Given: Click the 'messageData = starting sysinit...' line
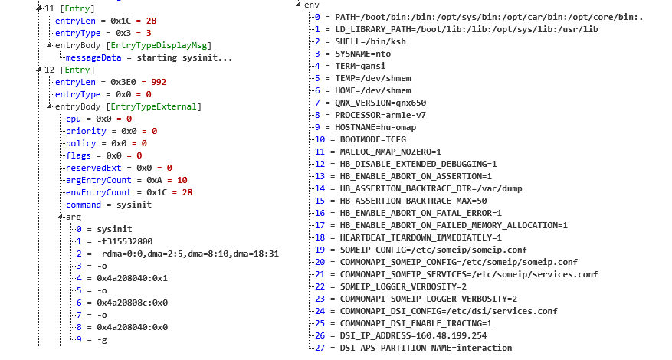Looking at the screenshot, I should click(x=149, y=57).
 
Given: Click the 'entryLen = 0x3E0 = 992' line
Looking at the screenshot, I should click(x=110, y=82).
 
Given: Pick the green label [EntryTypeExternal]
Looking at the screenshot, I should click(x=154, y=106).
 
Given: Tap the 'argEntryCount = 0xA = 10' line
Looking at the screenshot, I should click(x=126, y=180).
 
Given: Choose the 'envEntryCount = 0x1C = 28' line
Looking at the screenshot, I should click(x=129, y=192).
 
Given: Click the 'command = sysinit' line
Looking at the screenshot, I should click(x=108, y=205).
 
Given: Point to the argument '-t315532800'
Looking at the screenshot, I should click(x=123, y=241).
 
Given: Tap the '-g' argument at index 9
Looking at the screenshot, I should click(x=102, y=339).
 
